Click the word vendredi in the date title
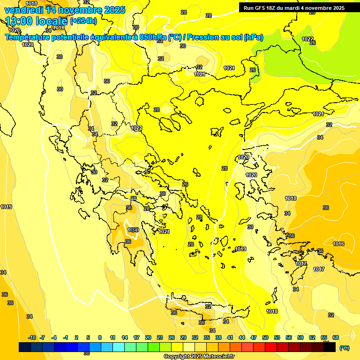coord(23,10)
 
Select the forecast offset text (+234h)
coord(83,21)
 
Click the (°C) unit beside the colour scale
coord(344,348)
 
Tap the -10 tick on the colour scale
coord(32,337)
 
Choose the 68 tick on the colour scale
coord(336,337)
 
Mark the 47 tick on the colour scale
coord(254,337)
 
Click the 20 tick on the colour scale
coord(148,337)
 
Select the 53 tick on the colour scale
coord(277,337)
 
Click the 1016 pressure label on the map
coord(338,244)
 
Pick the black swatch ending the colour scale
coord(330,347)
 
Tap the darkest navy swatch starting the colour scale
coord(25,347)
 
